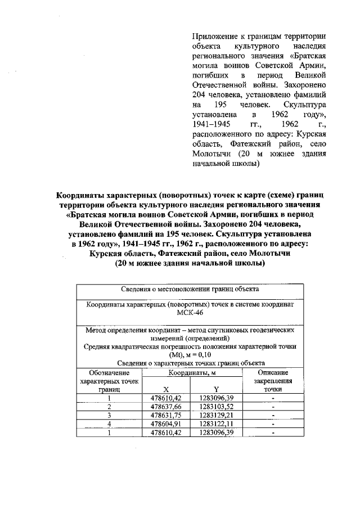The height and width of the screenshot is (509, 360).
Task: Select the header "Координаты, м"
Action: tap(191, 373)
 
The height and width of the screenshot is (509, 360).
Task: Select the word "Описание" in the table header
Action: tap(273, 372)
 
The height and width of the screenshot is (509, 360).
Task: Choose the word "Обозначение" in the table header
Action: tap(109, 372)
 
